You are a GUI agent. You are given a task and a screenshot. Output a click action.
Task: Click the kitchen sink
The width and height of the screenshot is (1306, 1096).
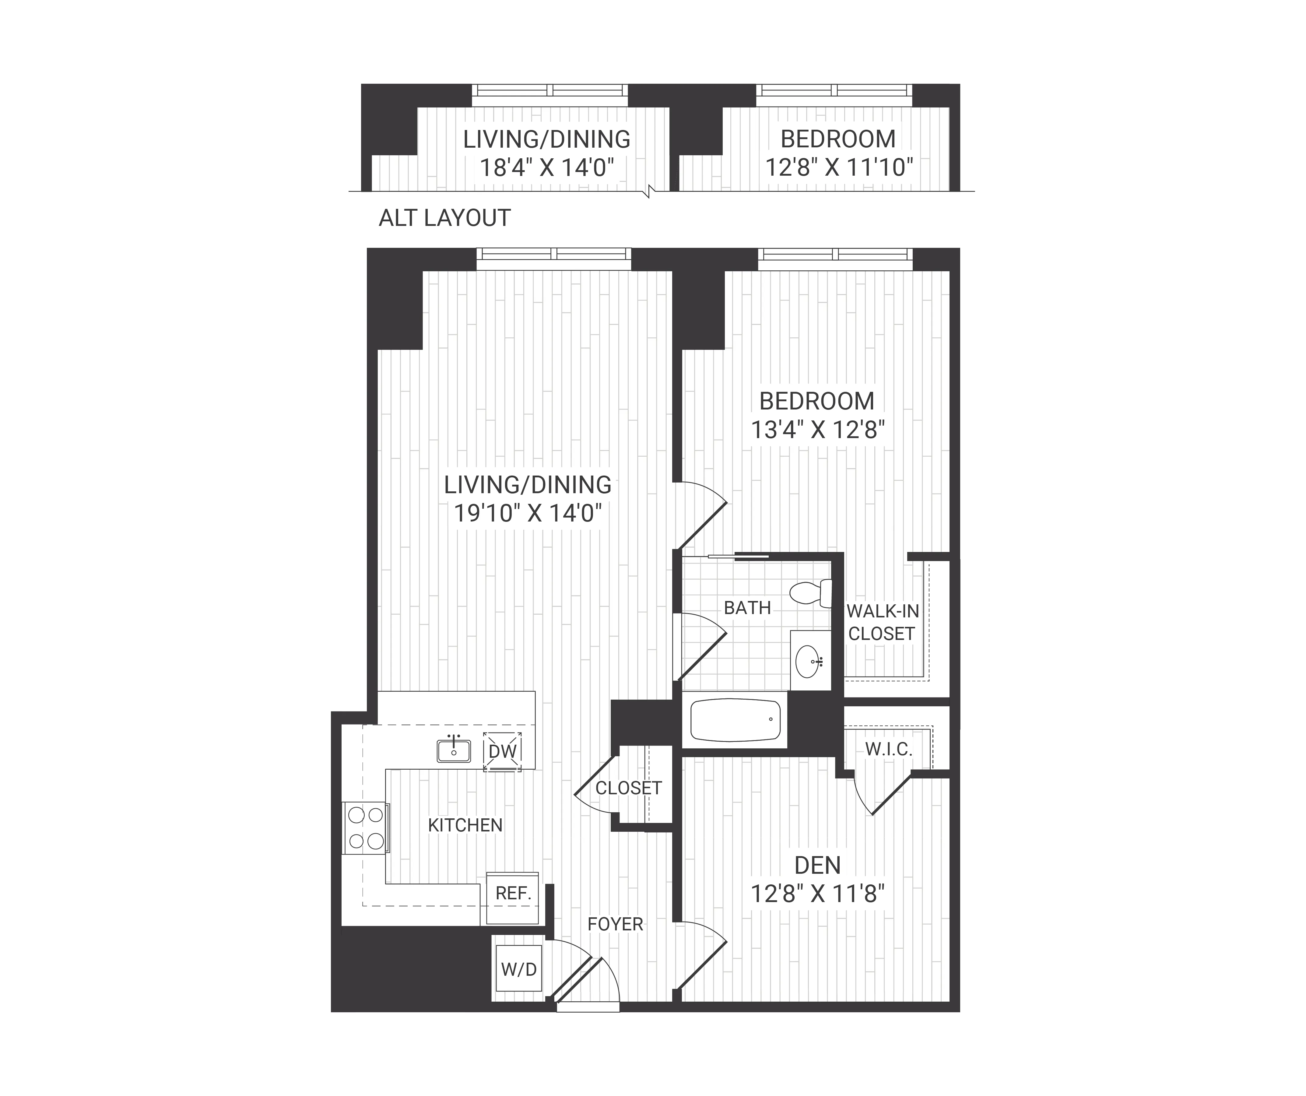[453, 751]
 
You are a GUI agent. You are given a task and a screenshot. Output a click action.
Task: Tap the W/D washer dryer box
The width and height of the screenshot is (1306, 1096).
[519, 969]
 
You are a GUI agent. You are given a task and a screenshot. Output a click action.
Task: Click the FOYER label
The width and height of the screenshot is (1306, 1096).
[615, 924]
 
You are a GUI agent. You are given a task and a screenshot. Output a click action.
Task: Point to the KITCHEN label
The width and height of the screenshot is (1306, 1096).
[465, 825]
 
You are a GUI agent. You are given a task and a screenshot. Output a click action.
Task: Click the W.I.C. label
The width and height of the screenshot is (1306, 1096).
[889, 750]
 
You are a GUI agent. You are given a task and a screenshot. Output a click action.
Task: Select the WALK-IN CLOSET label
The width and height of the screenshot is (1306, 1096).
[882, 623]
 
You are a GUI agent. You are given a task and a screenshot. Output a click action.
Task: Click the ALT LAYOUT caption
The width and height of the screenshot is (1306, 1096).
[445, 218]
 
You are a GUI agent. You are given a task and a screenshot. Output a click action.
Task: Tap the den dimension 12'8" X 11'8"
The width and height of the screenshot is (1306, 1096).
[817, 894]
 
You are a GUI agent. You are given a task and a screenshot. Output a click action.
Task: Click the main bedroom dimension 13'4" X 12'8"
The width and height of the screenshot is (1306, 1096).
[817, 430]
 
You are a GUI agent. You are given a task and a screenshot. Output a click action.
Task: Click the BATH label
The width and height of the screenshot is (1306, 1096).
[747, 608]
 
